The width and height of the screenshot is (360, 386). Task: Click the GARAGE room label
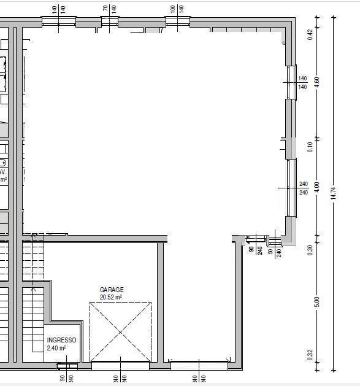(112, 290)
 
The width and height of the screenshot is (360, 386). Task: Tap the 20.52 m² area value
(112, 297)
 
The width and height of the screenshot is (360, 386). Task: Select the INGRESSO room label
(61, 340)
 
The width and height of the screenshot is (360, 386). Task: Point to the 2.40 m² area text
(56, 348)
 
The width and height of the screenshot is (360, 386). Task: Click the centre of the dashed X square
(120, 332)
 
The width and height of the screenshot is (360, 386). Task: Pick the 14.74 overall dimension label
(334, 193)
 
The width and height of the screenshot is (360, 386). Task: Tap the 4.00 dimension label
(317, 187)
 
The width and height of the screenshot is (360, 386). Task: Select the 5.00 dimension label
(317, 302)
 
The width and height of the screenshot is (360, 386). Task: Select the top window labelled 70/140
(109, 21)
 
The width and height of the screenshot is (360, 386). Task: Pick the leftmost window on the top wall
(59, 21)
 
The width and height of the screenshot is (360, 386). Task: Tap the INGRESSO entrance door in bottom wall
(63, 366)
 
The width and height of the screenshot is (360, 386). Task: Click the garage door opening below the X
(120, 366)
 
